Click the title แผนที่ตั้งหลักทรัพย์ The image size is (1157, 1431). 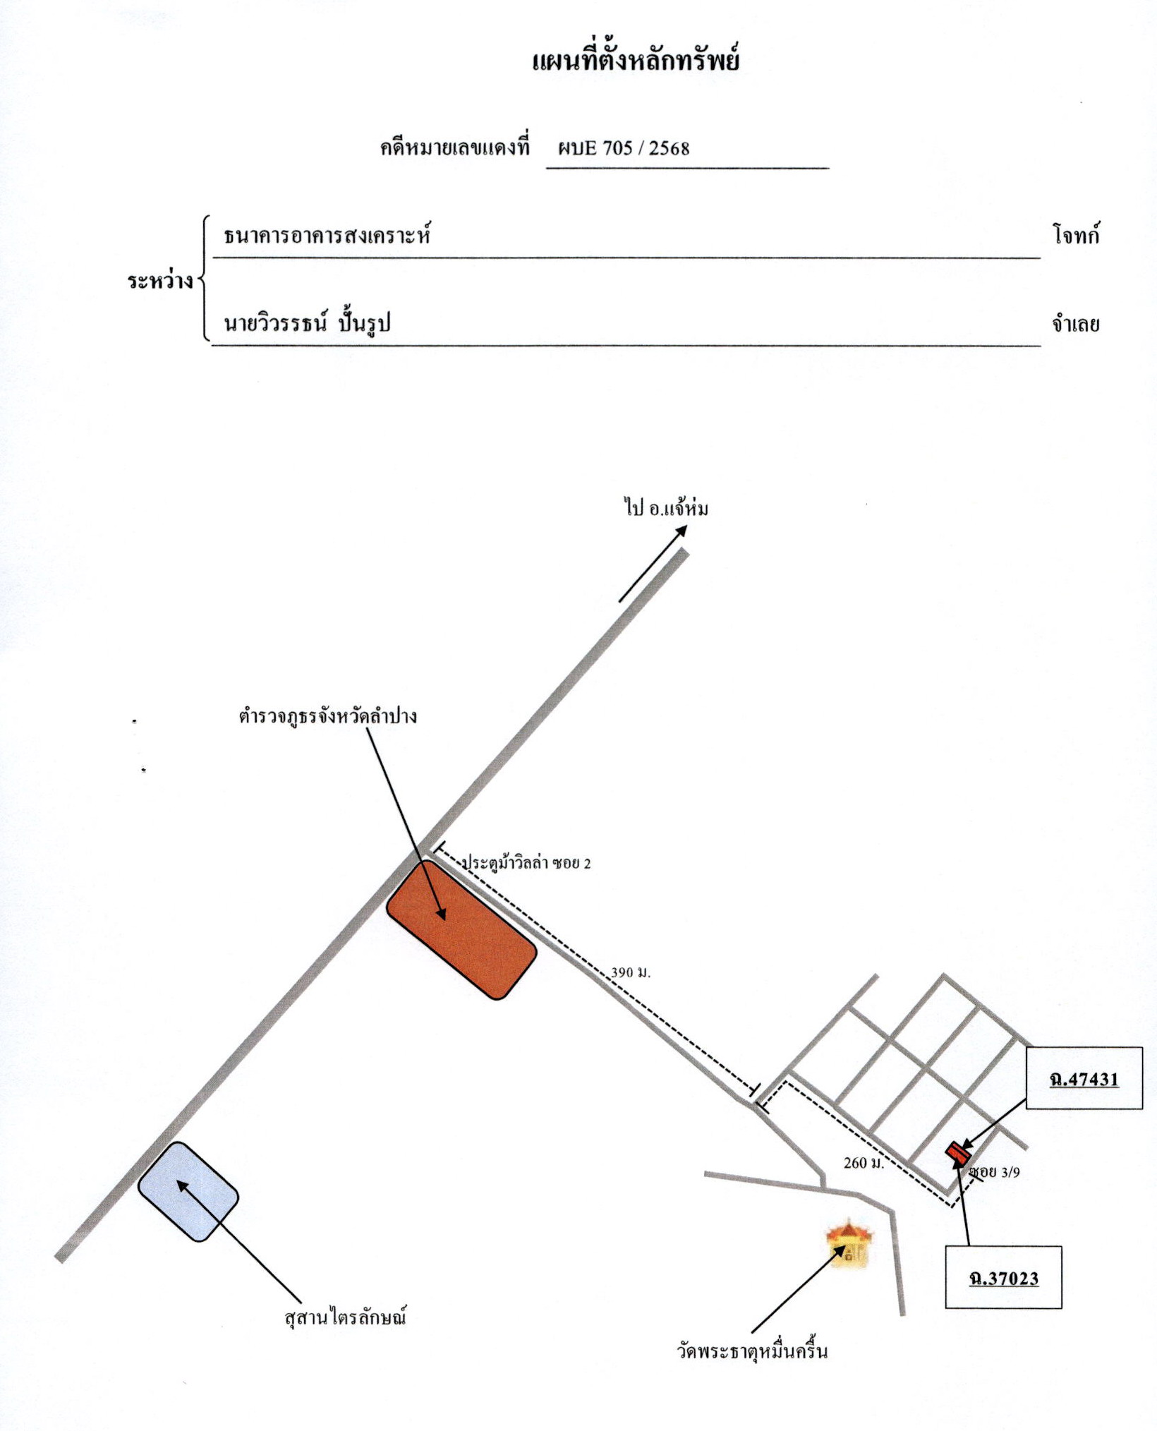tap(635, 61)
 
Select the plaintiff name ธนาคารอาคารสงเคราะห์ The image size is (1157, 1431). tap(327, 234)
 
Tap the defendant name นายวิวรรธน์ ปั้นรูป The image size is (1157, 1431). tap(307, 324)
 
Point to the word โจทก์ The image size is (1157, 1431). tap(1077, 235)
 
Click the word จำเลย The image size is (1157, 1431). tap(1076, 325)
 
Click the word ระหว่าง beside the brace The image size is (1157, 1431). tap(160, 281)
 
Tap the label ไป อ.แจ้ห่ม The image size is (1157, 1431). tap(666, 509)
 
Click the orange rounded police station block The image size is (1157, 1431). tap(462, 929)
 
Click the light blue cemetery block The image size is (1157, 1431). tap(188, 1192)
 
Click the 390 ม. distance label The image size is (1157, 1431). tap(631, 972)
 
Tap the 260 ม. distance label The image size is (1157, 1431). tap(864, 1163)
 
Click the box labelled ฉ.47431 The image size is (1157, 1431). tap(1084, 1078)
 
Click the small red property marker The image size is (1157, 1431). tap(958, 1152)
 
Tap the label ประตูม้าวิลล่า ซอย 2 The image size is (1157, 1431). tap(526, 863)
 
